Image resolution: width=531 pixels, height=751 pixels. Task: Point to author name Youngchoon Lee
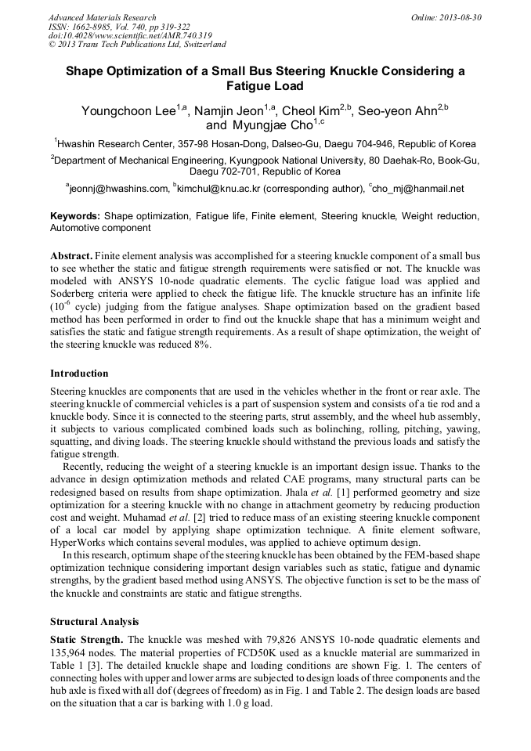[x=128, y=111]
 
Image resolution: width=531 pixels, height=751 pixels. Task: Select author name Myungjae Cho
[x=272, y=125]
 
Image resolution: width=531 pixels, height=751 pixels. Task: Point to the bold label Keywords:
[x=75, y=215]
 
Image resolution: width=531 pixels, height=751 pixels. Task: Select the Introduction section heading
[x=79, y=373]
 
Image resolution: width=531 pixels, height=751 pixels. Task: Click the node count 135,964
[x=71, y=652]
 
